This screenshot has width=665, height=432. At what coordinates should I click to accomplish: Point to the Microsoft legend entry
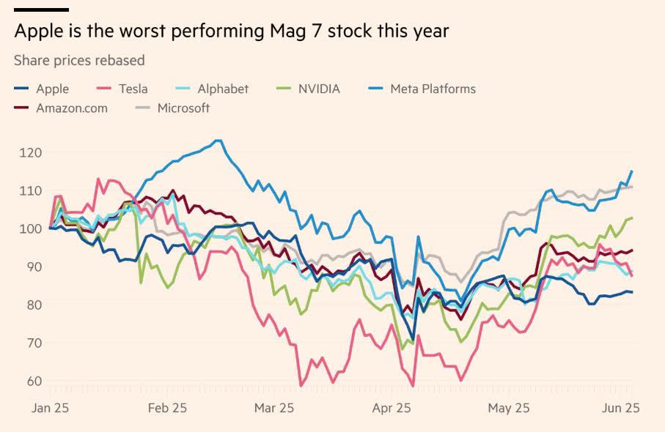(183, 108)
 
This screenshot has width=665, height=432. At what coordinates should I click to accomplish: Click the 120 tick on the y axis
(30, 152)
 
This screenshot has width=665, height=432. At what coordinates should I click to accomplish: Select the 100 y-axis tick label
(30, 228)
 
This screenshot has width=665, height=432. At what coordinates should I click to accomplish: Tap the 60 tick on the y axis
(33, 381)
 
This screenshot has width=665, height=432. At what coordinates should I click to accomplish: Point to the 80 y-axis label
(33, 305)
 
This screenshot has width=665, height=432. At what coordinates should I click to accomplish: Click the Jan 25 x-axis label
(51, 408)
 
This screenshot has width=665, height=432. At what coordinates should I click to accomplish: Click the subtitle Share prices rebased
(79, 60)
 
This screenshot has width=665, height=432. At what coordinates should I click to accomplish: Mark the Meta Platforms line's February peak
(218, 140)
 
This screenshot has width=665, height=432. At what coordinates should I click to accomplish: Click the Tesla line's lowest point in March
(301, 386)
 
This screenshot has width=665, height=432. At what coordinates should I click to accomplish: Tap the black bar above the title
(41, 10)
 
